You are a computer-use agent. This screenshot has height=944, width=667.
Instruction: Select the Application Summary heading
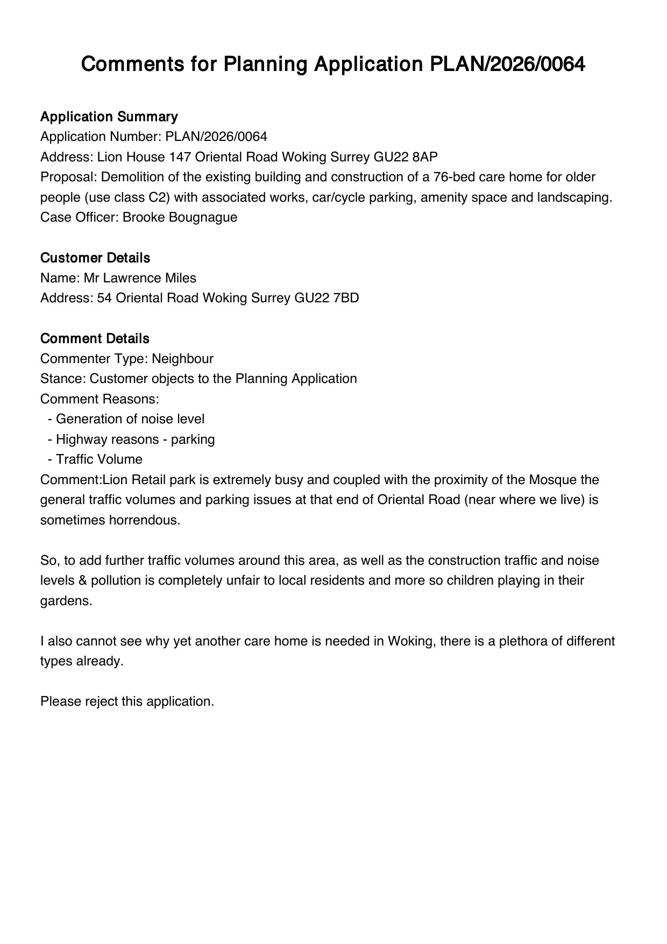(109, 117)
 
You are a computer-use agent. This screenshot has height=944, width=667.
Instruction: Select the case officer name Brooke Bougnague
(180, 217)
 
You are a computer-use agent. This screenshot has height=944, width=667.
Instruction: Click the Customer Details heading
(95, 258)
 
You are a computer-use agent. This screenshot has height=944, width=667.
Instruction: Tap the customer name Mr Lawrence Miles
(140, 278)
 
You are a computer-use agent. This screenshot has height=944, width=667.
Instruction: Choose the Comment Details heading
(95, 339)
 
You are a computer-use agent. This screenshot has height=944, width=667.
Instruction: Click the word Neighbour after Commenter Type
(182, 359)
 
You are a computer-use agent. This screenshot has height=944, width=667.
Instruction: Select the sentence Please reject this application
(127, 702)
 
